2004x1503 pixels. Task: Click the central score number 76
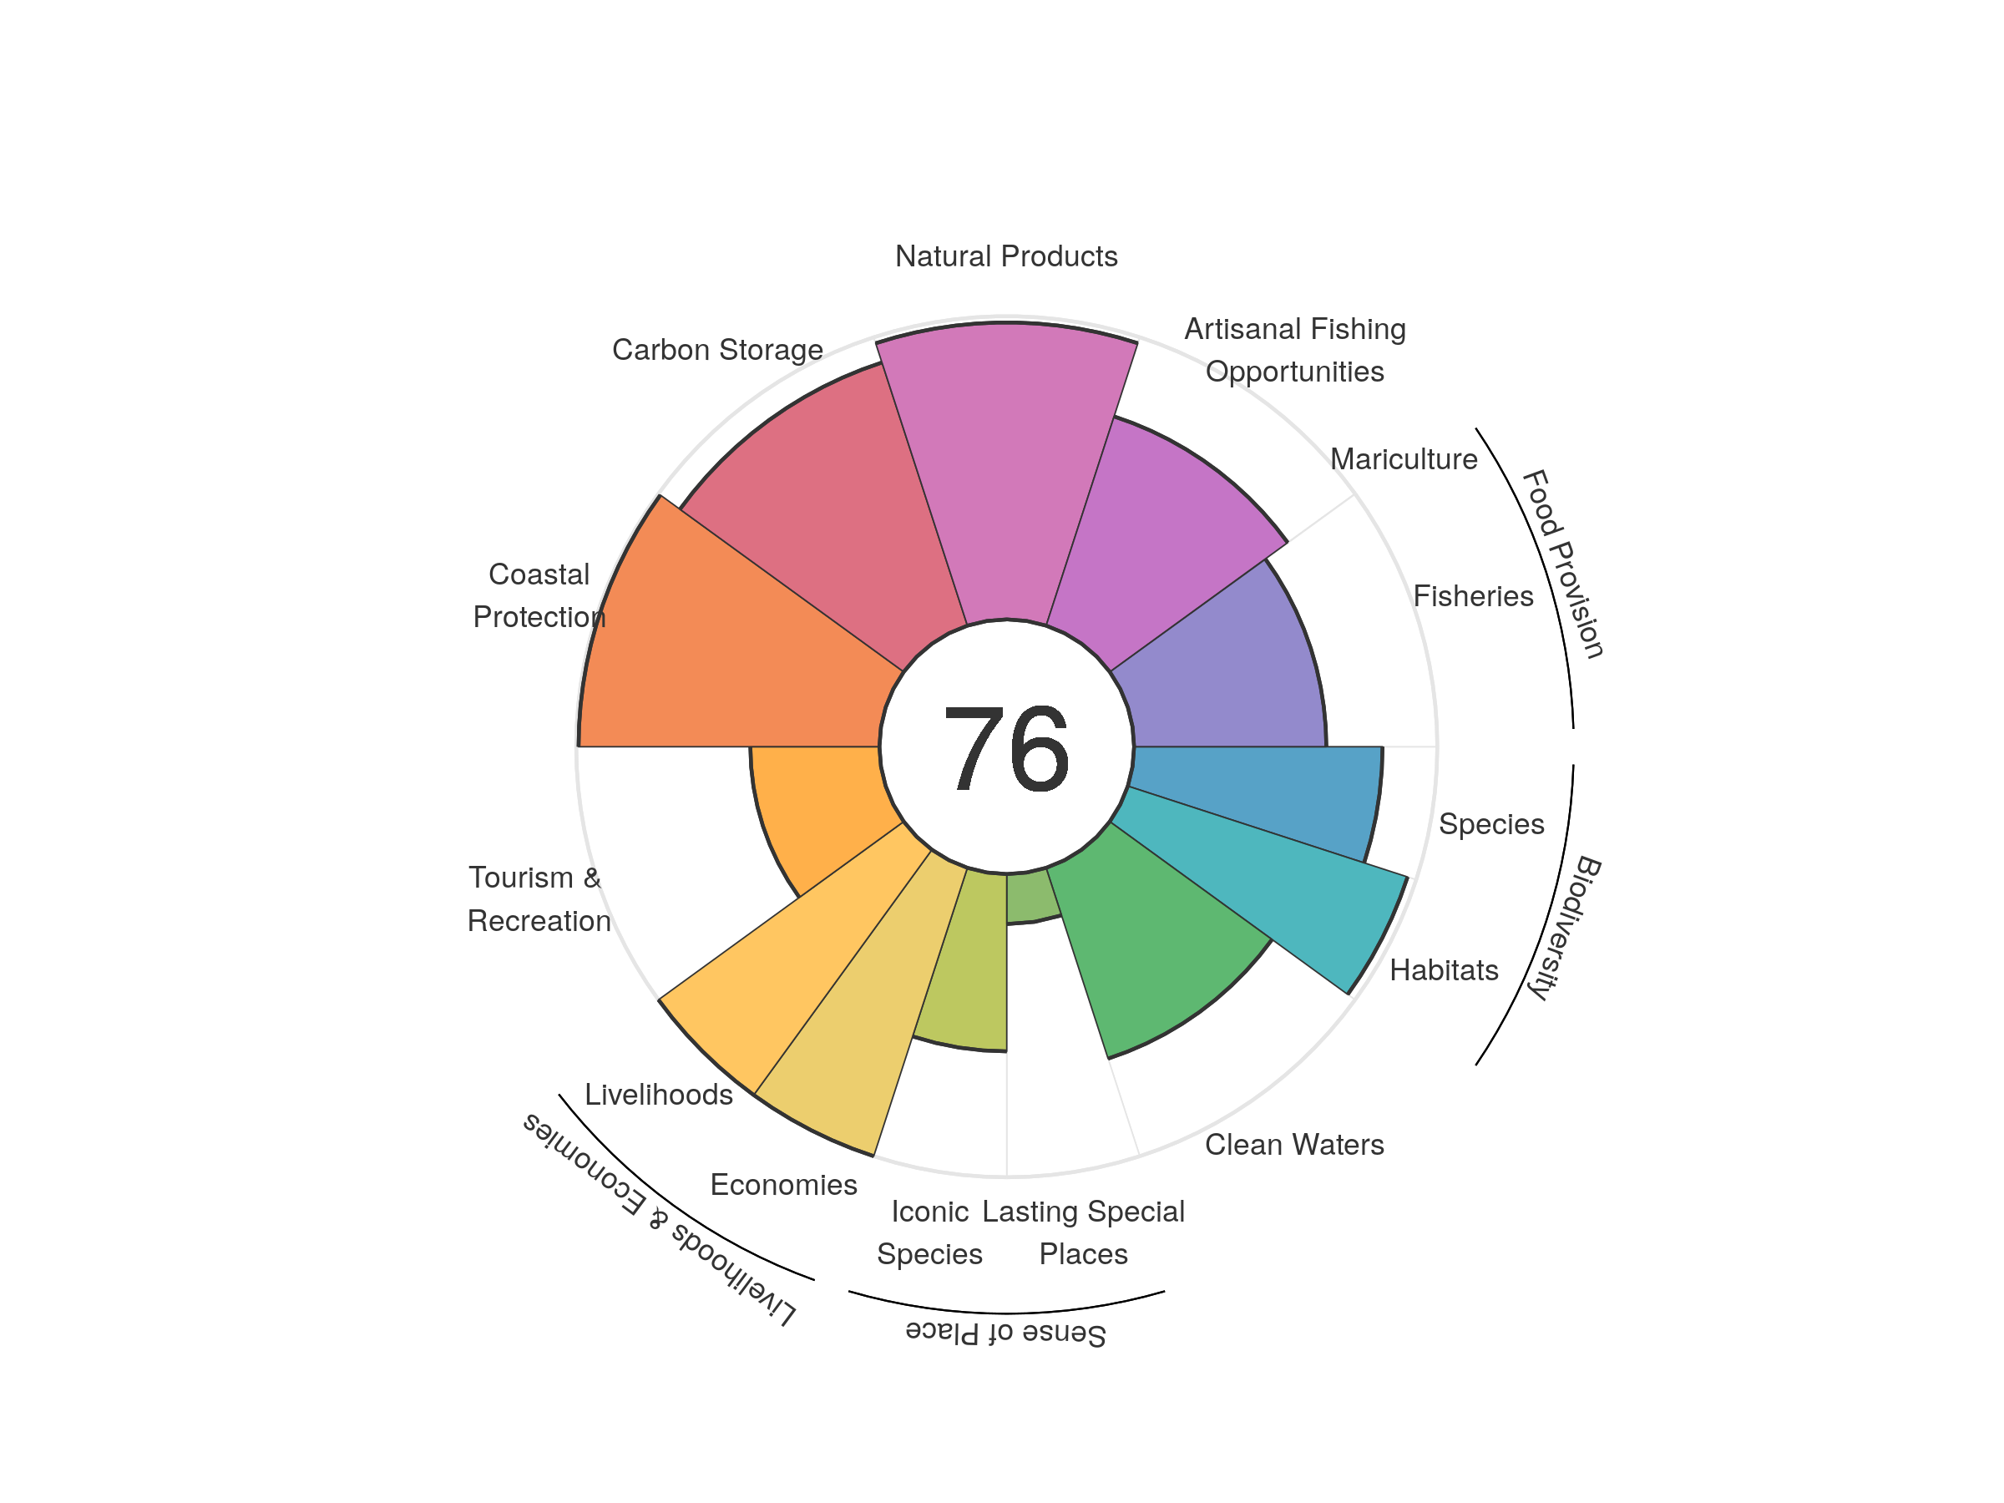(1005, 749)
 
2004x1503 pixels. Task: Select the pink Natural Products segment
(1005, 471)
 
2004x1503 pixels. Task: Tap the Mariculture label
(1404, 459)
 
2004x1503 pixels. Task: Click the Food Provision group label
(1563, 564)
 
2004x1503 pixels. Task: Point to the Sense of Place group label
(1005, 1333)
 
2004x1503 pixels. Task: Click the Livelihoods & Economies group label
(659, 1218)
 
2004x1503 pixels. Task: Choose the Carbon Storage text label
(717, 350)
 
